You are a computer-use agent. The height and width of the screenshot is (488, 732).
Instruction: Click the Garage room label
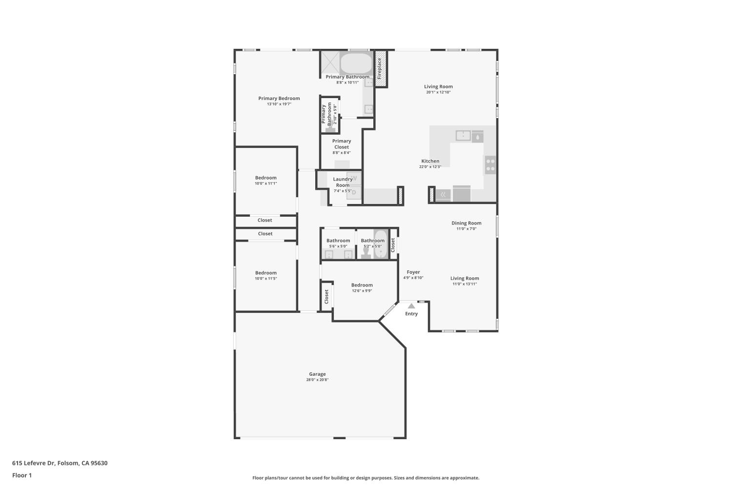[x=317, y=374]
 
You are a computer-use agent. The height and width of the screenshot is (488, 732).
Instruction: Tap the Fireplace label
[x=379, y=69]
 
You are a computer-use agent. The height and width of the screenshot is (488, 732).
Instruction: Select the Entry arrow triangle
[x=411, y=306]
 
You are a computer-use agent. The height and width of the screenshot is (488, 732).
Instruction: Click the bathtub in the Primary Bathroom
[x=356, y=63]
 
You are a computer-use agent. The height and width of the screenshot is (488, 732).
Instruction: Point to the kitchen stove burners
[x=490, y=165]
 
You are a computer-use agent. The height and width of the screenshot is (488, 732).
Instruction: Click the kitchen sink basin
[x=463, y=135]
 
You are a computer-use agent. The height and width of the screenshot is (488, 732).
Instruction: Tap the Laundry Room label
[x=343, y=182]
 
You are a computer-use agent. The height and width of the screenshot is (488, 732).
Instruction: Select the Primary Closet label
[x=342, y=144]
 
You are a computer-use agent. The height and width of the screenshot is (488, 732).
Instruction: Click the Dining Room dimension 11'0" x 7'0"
[x=467, y=229]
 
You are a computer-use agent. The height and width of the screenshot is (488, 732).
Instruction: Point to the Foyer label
[x=413, y=272]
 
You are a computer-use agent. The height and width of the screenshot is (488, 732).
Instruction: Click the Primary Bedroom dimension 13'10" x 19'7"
[x=279, y=104]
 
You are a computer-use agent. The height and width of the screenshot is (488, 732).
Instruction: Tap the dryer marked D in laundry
[x=354, y=193]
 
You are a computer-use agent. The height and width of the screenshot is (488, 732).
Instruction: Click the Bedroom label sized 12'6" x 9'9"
[x=362, y=285]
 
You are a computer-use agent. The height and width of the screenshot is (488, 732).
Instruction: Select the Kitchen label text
[x=430, y=161]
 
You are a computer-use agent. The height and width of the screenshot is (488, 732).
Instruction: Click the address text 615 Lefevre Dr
[x=33, y=463]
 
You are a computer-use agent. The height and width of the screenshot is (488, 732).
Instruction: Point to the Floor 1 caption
[x=22, y=475]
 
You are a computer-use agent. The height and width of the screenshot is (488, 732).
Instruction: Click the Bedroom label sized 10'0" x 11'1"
[x=265, y=178]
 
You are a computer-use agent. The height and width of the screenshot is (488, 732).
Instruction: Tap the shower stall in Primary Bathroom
[x=330, y=62]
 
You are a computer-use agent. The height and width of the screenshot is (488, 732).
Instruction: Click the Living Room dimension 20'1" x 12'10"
[x=438, y=92]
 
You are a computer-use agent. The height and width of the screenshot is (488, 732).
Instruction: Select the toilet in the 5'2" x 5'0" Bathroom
[x=366, y=253]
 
